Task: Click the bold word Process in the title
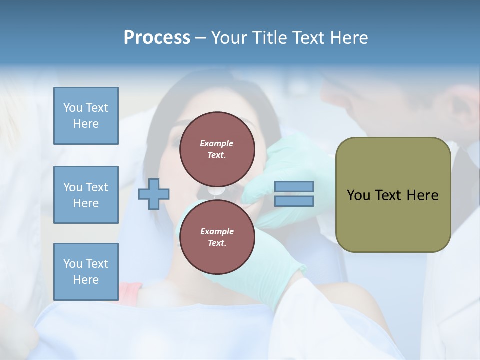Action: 157,37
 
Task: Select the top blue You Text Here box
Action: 86,116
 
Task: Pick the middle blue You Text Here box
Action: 86,195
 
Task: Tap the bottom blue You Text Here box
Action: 86,271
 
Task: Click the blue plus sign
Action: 154,194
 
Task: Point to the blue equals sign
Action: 294,194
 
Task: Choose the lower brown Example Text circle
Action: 217,237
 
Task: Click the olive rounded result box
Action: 393,195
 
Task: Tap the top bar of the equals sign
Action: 294,186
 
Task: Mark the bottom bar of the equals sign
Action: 294,201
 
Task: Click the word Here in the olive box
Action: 423,195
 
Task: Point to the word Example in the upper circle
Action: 217,143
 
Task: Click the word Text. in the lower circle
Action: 217,243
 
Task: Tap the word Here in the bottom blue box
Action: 86,280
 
